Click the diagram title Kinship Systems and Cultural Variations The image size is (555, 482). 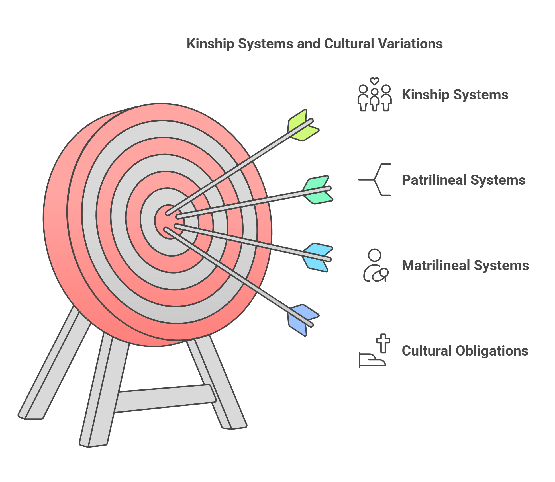pyautogui.click(x=315, y=44)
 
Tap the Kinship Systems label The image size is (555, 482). pyautogui.click(x=455, y=95)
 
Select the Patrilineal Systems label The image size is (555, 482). pyautogui.click(x=463, y=180)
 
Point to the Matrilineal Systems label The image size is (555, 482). pyautogui.click(x=465, y=265)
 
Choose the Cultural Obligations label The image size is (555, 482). pyautogui.click(x=465, y=351)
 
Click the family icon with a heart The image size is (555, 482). pyautogui.click(x=374, y=97)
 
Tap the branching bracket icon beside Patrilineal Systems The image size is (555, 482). pyautogui.click(x=374, y=180)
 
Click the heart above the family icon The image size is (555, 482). pyautogui.click(x=374, y=81)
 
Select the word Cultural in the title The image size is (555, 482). pyautogui.click(x=349, y=44)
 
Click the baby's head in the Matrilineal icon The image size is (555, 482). pyautogui.click(x=384, y=272)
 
